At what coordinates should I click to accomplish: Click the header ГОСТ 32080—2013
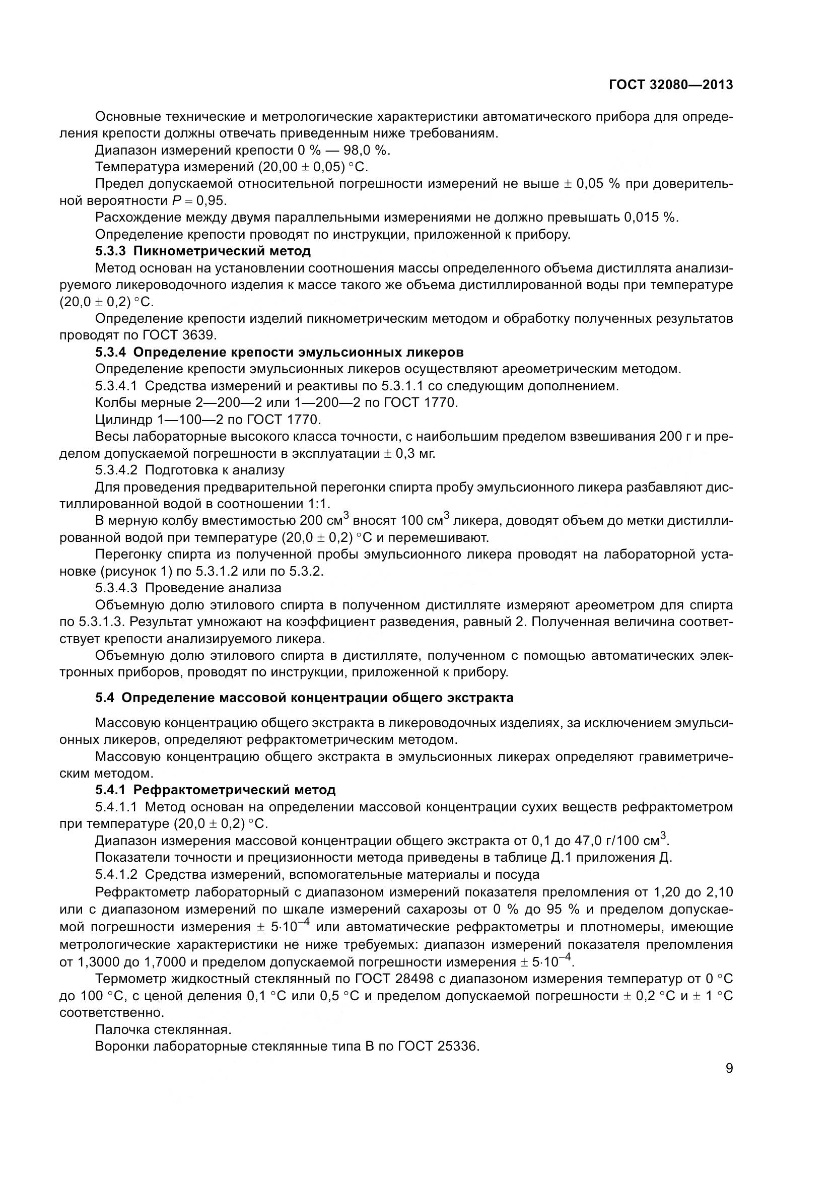point(671,85)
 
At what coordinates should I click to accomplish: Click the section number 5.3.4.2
point(116,470)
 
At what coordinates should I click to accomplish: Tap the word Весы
point(112,437)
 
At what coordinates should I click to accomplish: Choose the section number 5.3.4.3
point(116,588)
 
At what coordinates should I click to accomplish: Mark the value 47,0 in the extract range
point(574,841)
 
